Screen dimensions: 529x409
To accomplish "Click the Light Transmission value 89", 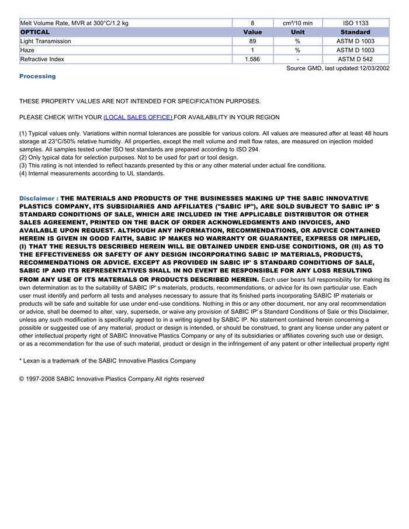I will click(252, 42).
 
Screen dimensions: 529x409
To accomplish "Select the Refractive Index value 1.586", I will click(252, 59).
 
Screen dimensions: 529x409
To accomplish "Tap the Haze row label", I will click(27, 50).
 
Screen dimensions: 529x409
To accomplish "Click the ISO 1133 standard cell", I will click(355, 23).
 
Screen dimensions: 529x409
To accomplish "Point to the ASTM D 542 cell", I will click(355, 59).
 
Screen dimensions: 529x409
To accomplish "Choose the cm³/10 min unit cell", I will click(297, 23).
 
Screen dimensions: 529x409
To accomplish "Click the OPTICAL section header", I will click(35, 32).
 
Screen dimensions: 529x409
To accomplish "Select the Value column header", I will click(252, 32).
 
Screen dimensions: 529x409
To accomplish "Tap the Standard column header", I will click(355, 32).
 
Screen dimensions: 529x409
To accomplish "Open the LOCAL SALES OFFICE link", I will click(138, 117).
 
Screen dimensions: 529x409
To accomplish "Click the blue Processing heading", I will click(37, 77).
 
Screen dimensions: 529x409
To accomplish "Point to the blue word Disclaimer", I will click(37, 199).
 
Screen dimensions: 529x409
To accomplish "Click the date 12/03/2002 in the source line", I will click(374, 68).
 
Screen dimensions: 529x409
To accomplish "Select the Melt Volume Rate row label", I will click(74, 23).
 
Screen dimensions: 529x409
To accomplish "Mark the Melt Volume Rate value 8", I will click(252, 23).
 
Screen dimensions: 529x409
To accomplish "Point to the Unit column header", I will click(297, 32).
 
